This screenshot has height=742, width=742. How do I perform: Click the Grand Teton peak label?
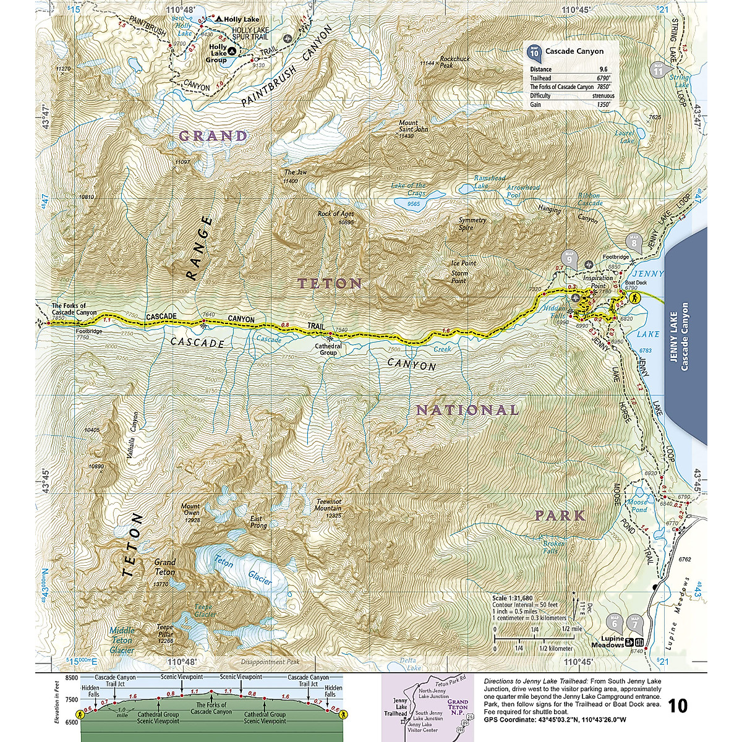click(x=164, y=567)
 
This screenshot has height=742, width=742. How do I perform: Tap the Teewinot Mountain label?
click(x=328, y=508)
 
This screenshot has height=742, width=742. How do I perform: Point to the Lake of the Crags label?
click(x=408, y=189)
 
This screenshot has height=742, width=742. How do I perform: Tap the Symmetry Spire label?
click(x=472, y=224)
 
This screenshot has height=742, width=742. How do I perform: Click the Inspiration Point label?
click(x=597, y=282)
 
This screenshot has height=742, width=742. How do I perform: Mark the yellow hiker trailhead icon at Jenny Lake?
click(x=634, y=298)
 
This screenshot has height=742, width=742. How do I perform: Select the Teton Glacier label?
click(x=241, y=570)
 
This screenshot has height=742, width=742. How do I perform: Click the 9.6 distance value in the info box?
click(x=603, y=69)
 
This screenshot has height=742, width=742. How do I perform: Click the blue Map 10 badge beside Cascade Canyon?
click(x=534, y=53)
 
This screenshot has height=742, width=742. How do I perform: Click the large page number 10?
click(x=678, y=706)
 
